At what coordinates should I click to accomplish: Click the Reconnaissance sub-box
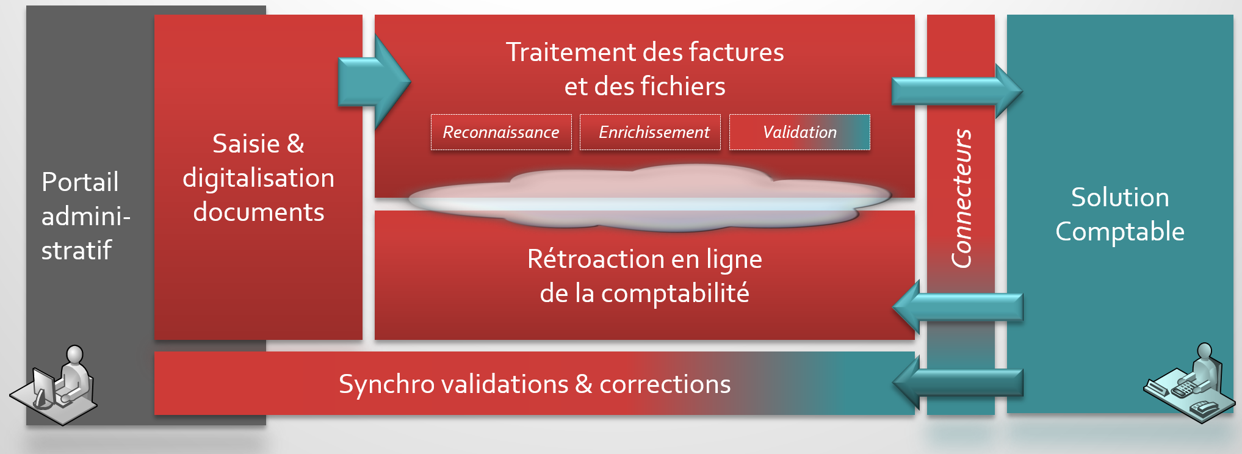point(501,132)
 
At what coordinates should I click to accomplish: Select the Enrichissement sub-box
point(650,132)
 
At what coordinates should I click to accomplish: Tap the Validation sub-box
point(800,132)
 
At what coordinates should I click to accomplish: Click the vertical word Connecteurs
point(962,198)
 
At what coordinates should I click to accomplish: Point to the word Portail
point(80,182)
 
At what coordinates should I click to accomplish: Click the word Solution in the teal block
point(1120,197)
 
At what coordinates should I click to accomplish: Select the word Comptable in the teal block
point(1120,232)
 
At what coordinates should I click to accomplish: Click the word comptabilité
point(675,294)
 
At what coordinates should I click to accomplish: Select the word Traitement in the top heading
point(571,52)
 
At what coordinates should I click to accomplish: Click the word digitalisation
point(258,178)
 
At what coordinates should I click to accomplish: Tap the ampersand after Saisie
point(295,144)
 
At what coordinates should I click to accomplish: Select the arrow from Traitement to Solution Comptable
point(957,91)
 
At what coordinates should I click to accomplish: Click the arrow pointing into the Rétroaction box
point(957,307)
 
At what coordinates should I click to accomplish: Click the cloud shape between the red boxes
point(650,198)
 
